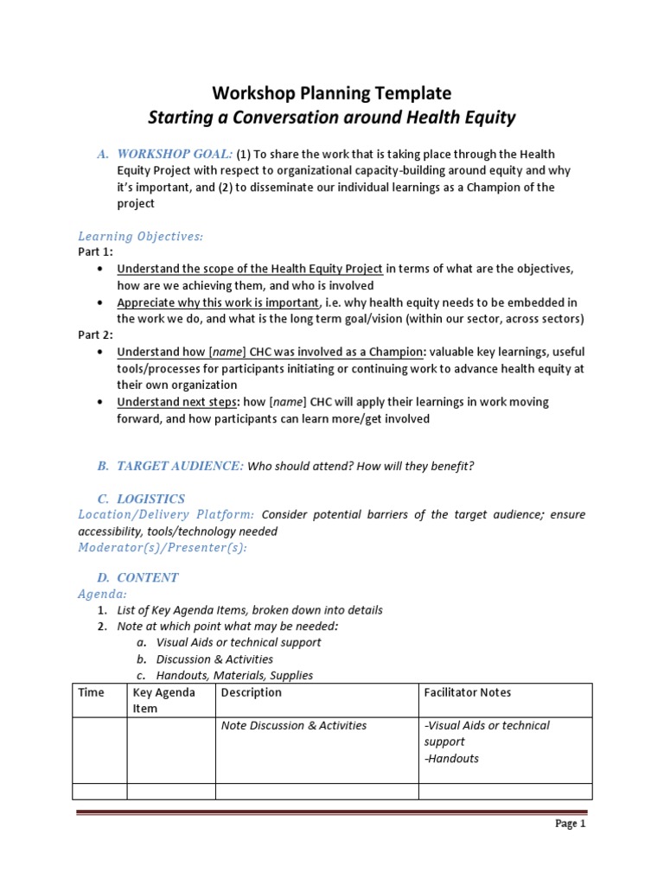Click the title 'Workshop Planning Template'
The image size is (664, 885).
(x=332, y=92)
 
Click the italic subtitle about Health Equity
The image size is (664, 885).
(x=332, y=118)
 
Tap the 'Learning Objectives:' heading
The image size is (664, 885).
(x=140, y=236)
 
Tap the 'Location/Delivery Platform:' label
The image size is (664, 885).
(x=166, y=515)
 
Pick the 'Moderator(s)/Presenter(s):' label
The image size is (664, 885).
(x=162, y=548)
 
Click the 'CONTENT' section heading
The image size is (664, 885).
(x=148, y=577)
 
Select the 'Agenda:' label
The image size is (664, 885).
(x=103, y=594)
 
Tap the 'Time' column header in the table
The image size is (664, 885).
(x=91, y=692)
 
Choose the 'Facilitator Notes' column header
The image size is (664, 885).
(x=468, y=692)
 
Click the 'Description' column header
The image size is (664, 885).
(x=252, y=692)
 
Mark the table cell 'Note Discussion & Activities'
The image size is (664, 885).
(x=294, y=726)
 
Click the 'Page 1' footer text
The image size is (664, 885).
(x=570, y=824)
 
